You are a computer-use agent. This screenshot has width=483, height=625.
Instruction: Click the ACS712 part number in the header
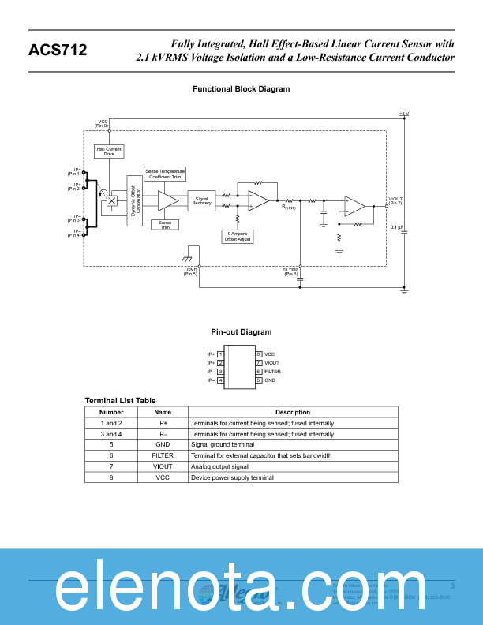[x=58, y=51]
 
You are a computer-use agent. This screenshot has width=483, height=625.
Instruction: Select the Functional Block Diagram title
[x=241, y=89]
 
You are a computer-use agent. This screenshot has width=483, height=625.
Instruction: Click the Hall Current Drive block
[x=109, y=152]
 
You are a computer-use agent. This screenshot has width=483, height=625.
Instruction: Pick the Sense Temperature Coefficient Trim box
[x=165, y=174]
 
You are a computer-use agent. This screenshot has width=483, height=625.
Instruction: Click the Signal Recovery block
[x=201, y=201]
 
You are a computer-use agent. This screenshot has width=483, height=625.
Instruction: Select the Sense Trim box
[x=165, y=225]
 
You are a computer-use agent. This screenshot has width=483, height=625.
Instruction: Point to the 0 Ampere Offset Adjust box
[x=238, y=236]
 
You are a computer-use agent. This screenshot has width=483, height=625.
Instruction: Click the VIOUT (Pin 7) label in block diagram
[x=395, y=200]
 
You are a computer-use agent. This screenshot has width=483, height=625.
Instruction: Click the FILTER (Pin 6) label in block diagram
[x=290, y=271]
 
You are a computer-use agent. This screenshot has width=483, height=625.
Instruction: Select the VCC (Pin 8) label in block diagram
[x=102, y=123]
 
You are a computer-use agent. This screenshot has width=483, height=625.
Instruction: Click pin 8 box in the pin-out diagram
[x=258, y=354]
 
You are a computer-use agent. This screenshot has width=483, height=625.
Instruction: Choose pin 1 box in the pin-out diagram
[x=220, y=354]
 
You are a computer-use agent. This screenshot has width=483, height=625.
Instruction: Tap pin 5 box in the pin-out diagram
[x=258, y=380]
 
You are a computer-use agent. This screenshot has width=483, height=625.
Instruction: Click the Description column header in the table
[x=292, y=412]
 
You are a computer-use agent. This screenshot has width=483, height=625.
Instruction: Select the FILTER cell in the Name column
[x=163, y=456]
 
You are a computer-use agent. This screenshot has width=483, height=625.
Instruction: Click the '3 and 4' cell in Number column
[x=111, y=434]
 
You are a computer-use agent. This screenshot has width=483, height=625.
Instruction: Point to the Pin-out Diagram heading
[x=241, y=332]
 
